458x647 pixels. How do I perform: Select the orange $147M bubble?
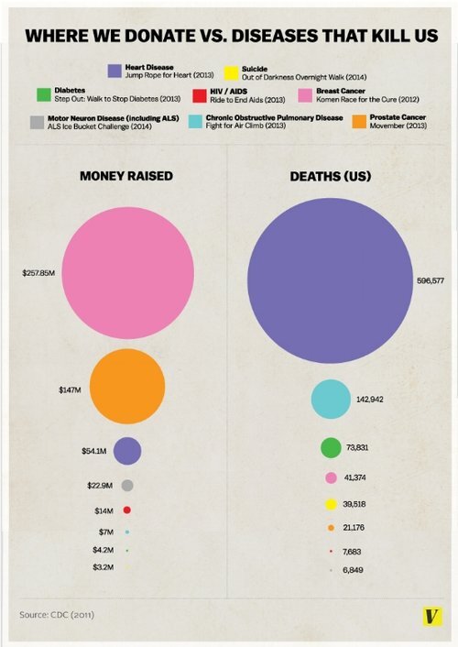pyautogui.click(x=127, y=388)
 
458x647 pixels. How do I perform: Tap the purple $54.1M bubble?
pyautogui.click(x=126, y=450)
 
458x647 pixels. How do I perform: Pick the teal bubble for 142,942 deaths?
pyautogui.click(x=331, y=399)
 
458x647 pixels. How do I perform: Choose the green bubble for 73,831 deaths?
pyautogui.click(x=331, y=447)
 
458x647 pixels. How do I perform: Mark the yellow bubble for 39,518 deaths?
pyautogui.click(x=331, y=504)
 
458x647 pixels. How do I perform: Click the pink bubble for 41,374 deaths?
pyautogui.click(x=331, y=477)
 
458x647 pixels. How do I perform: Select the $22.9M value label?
pyautogui.click(x=99, y=485)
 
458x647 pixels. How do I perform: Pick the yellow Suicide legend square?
pyautogui.click(x=233, y=70)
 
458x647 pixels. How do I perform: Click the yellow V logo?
pyautogui.click(x=427, y=617)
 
